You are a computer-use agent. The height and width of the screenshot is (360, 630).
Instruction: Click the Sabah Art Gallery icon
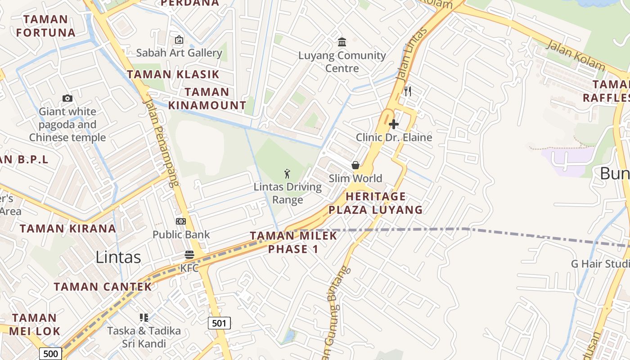tap(179, 40)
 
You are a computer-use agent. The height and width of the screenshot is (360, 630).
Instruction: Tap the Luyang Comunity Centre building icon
tap(342, 42)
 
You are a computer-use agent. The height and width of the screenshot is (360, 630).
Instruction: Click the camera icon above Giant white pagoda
tap(67, 98)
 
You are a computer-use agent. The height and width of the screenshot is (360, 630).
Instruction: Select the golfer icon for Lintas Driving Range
tap(288, 173)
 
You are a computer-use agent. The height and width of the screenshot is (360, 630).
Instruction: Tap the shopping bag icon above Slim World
tap(355, 165)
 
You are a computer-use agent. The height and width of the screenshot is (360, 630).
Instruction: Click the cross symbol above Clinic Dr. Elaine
tap(394, 124)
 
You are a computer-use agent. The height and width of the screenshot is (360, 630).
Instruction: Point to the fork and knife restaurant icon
tap(407, 91)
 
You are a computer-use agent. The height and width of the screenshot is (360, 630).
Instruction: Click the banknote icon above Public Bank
tap(181, 221)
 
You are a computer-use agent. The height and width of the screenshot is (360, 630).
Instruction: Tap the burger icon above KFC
tap(189, 255)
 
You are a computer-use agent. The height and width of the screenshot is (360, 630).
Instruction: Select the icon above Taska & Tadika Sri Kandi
tap(144, 318)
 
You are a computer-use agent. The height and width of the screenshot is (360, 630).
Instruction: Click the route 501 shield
tap(219, 323)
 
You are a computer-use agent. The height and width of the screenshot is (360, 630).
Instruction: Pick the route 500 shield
tap(50, 354)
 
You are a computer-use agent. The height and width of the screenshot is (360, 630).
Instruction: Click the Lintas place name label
tap(118, 257)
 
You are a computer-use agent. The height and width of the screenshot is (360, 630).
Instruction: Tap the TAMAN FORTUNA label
tap(45, 26)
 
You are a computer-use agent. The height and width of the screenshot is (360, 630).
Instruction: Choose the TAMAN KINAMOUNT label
tap(207, 99)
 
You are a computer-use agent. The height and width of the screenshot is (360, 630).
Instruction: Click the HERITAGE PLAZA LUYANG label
tap(376, 203)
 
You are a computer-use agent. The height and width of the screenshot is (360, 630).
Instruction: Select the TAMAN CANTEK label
tap(103, 287)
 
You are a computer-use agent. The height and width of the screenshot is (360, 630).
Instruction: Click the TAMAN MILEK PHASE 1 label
tap(293, 242)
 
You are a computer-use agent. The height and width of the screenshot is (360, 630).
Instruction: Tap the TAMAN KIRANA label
tap(68, 228)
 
